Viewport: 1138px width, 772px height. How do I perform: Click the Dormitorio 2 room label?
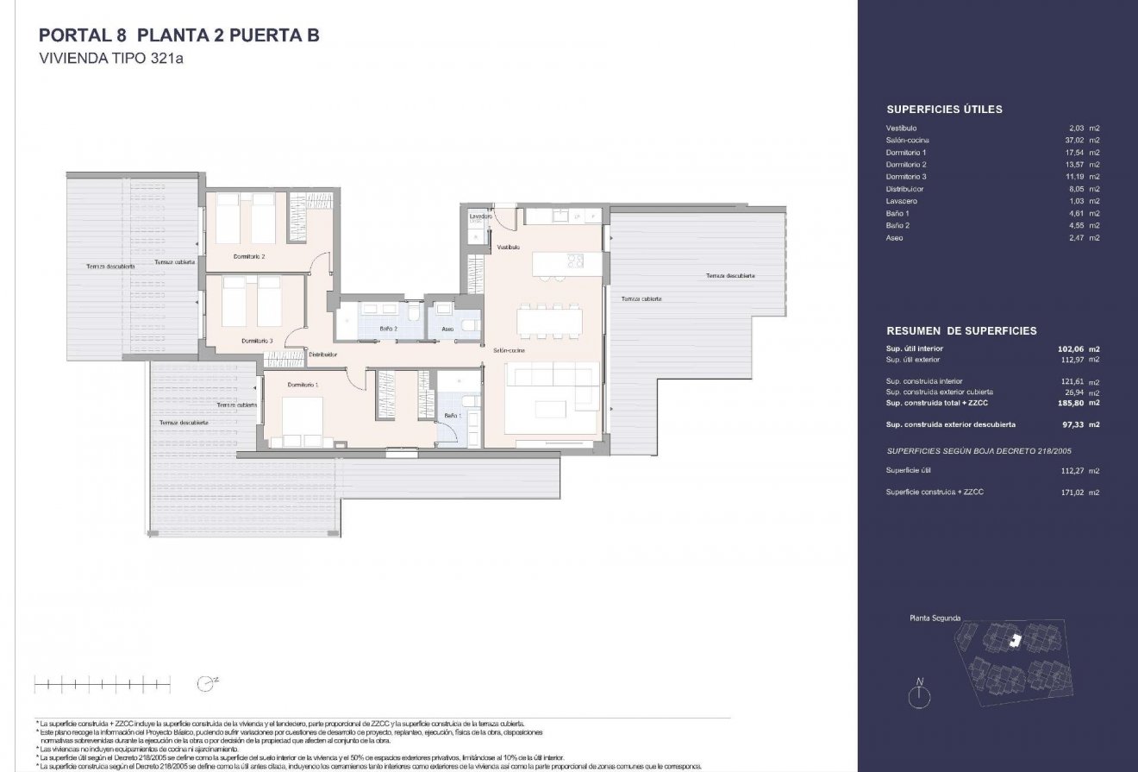tap(249, 257)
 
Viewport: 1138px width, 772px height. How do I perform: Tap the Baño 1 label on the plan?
tap(453, 416)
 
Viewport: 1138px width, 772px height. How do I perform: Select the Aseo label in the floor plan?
tap(447, 329)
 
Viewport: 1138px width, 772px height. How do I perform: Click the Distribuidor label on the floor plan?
tap(322, 355)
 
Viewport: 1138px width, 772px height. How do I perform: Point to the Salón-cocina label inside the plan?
tap(510, 351)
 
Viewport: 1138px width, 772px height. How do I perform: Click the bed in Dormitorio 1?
tap(299, 419)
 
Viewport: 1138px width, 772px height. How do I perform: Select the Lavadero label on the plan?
tap(480, 217)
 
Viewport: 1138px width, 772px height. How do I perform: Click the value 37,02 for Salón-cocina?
tap(1078, 140)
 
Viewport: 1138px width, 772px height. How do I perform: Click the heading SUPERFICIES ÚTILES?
tap(944, 110)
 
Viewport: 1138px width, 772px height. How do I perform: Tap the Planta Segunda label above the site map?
tap(935, 618)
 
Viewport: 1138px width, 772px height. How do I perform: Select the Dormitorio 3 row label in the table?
tap(906, 176)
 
